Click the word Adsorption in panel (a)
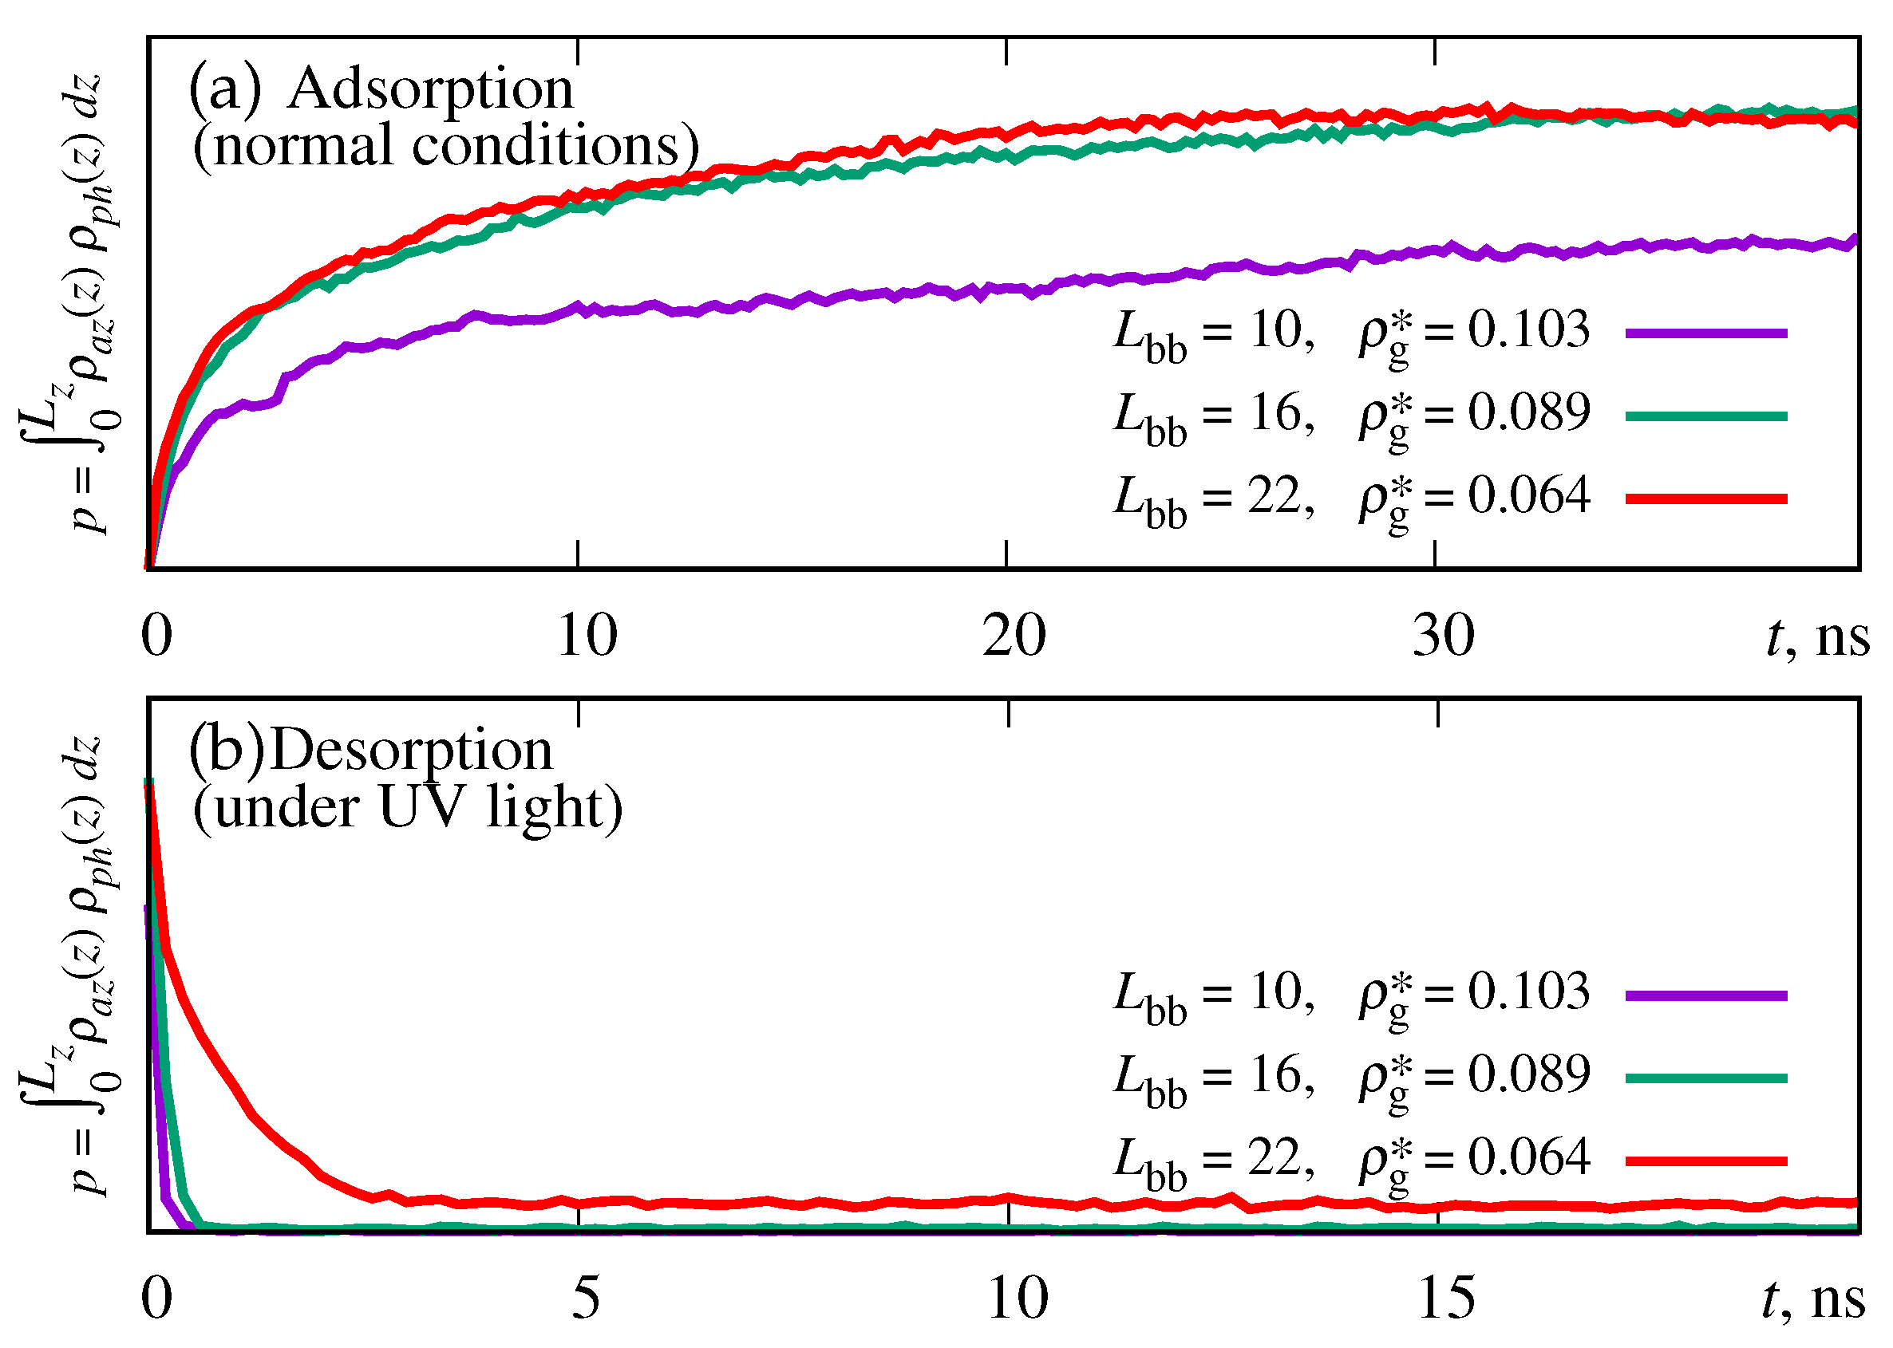coord(430,89)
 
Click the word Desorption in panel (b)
coord(412,751)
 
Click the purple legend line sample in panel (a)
coord(1705,333)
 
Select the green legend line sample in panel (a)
coord(1705,416)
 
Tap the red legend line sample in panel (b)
coord(1705,1161)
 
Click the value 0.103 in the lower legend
coord(1527,993)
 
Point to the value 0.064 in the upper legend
coord(1527,496)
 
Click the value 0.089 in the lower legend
coord(1527,1076)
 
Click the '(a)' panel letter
coord(224,89)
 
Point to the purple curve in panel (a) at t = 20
coord(1007,288)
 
